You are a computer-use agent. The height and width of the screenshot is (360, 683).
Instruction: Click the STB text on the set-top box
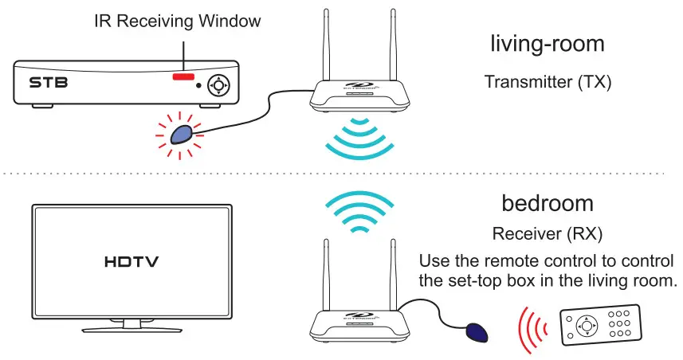45,82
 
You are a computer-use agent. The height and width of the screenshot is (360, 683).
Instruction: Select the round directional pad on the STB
218,84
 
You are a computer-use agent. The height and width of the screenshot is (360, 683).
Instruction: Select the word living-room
547,45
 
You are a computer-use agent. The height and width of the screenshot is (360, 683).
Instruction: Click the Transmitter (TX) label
548,81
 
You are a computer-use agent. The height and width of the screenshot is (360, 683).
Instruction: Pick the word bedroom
547,203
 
